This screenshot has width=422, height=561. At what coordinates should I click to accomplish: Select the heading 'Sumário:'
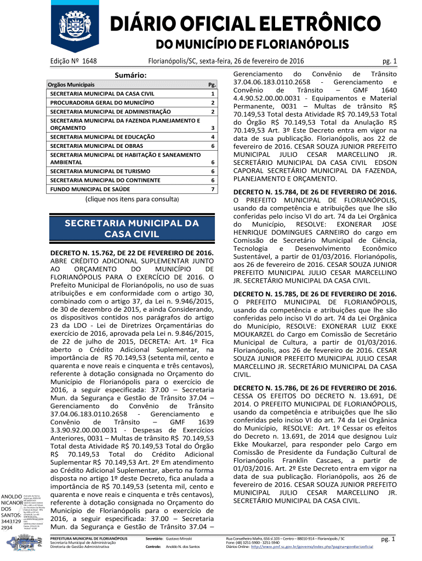[130, 75]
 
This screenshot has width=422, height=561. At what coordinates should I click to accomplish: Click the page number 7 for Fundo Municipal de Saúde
[212, 189]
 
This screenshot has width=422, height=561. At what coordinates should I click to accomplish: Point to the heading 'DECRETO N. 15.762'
[131, 253]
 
